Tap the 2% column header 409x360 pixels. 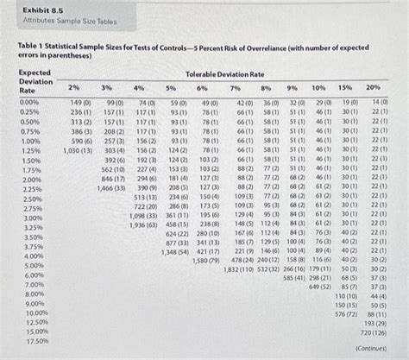[75, 89]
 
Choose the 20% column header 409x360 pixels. [373, 88]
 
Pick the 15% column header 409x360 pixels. [344, 88]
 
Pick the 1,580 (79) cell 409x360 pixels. [207, 261]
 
